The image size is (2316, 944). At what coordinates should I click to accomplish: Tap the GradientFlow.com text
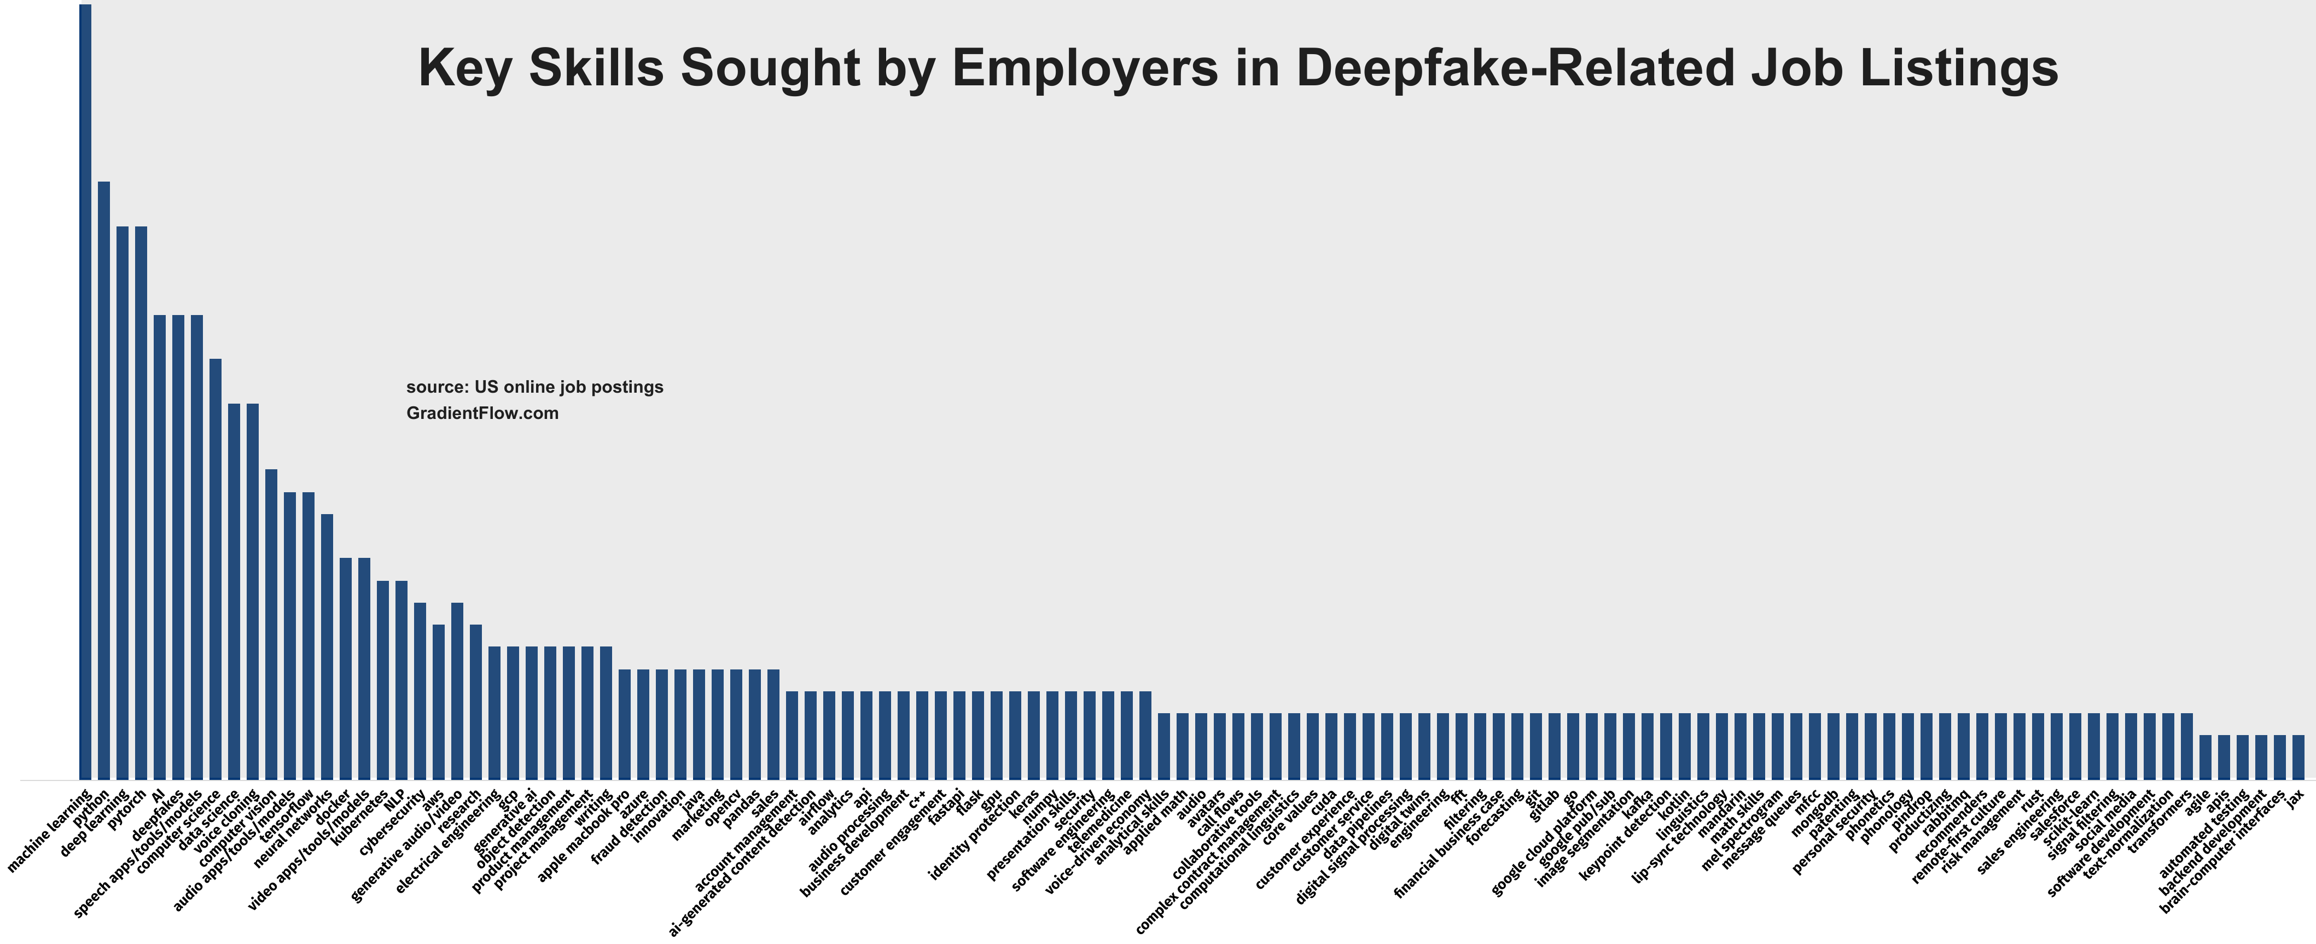pos(482,413)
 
